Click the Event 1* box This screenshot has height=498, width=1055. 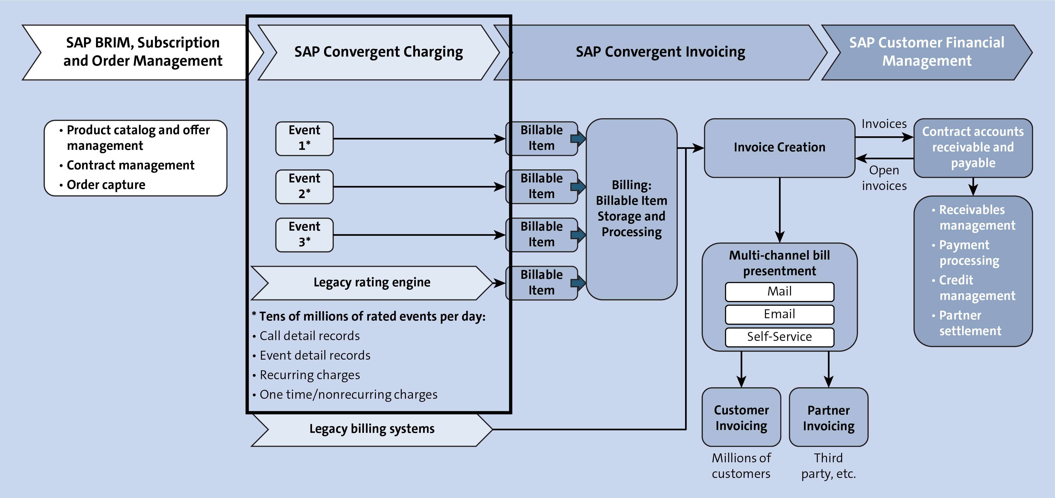(304, 138)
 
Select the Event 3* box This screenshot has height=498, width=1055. (304, 235)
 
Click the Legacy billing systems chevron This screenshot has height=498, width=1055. (371, 429)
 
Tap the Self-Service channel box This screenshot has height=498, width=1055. (779, 337)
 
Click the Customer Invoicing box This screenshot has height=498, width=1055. (741, 417)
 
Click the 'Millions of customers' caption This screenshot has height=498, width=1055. (741, 466)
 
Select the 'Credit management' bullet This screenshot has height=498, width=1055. (976, 288)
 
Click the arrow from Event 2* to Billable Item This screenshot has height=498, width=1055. (418, 187)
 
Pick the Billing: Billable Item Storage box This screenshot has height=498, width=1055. (631, 209)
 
